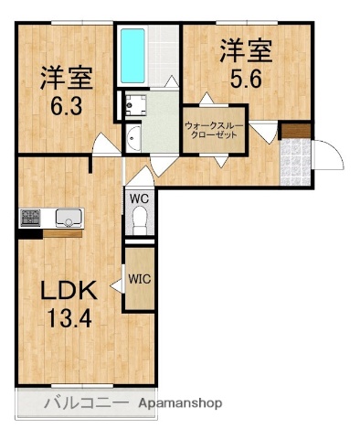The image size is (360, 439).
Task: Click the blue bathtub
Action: point(133,57)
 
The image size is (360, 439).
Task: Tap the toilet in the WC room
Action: point(140,218)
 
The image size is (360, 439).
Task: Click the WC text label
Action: point(140,197)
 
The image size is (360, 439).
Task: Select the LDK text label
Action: point(66,293)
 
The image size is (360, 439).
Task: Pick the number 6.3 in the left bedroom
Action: point(60,103)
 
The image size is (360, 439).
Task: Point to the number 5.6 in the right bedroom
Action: point(245,78)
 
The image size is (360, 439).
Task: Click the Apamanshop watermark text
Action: point(180,402)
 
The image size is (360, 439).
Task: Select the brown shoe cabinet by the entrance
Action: point(294,130)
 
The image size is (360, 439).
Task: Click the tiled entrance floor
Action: point(295,161)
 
